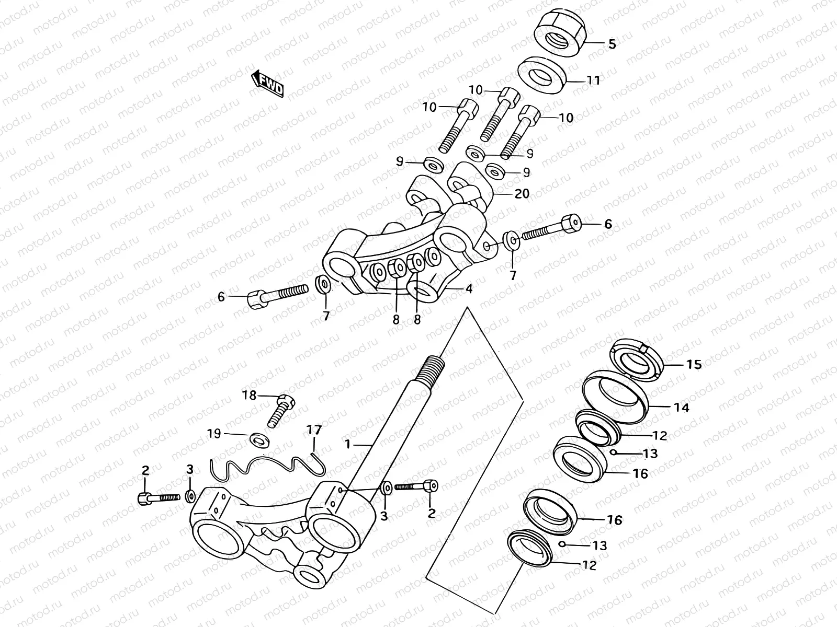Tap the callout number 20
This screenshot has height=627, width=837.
click(x=522, y=194)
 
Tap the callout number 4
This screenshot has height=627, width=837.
click(x=469, y=288)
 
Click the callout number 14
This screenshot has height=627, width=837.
click(x=682, y=408)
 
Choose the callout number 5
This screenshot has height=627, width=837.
click(x=612, y=44)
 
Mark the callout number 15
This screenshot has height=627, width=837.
click(x=694, y=364)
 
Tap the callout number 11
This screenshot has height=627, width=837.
click(x=593, y=80)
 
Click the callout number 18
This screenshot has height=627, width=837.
click(x=250, y=396)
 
